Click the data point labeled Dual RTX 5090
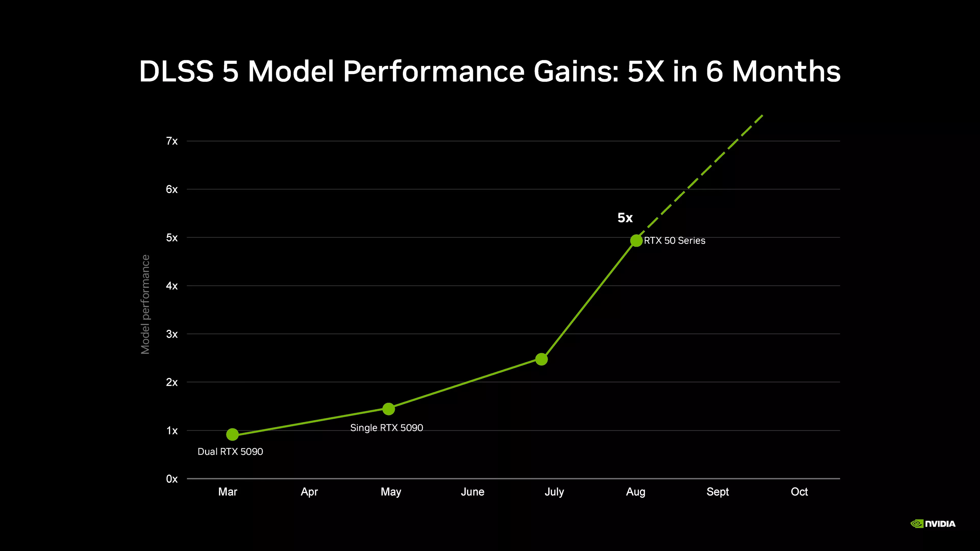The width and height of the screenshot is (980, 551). (x=232, y=434)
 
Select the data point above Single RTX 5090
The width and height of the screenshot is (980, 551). (x=388, y=409)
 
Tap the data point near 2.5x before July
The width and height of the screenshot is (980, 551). (x=541, y=359)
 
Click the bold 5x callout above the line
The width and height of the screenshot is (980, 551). (x=625, y=218)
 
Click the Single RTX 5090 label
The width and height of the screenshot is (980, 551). (x=387, y=428)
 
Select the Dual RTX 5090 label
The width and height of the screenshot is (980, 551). (x=230, y=451)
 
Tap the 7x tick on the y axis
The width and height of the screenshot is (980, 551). (x=171, y=141)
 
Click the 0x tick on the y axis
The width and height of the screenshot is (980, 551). (x=171, y=479)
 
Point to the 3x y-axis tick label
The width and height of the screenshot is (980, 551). (x=171, y=334)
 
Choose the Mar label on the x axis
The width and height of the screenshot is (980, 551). (x=227, y=492)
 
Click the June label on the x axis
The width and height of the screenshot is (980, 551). (x=472, y=492)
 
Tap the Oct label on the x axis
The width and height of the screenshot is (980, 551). (x=799, y=492)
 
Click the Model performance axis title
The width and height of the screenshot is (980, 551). (x=145, y=305)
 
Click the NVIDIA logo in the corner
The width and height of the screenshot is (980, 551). (x=933, y=524)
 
